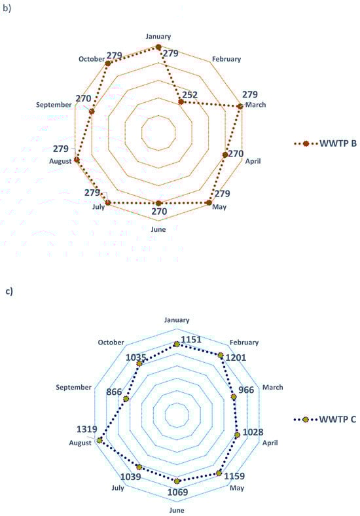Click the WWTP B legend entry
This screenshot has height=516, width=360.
[x=325, y=143]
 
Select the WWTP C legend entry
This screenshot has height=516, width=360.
[x=325, y=420]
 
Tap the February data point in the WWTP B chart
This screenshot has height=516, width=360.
[x=181, y=102]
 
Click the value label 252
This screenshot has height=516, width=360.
[x=190, y=95]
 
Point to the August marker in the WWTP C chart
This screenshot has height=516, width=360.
[x=99, y=440]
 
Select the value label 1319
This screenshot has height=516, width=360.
[x=87, y=429]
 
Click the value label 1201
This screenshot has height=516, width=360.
[x=236, y=358]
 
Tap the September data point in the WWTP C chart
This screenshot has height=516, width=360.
[x=126, y=399]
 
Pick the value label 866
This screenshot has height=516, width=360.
[x=114, y=392]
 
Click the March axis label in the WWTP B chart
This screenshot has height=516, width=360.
[x=256, y=105]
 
